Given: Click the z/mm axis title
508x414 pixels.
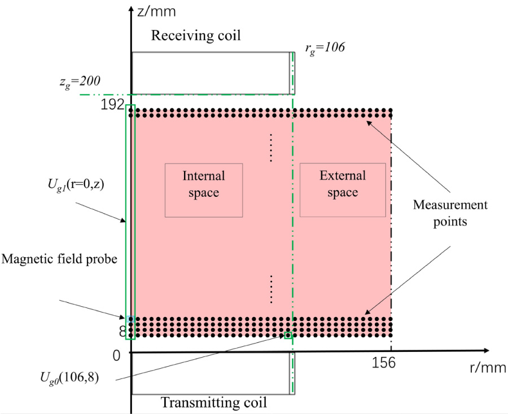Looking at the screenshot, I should pyautogui.click(x=152, y=10).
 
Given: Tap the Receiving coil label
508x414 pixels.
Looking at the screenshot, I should pyautogui.click(x=195, y=36).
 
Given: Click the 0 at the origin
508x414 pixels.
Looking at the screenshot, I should pyautogui.click(x=116, y=356).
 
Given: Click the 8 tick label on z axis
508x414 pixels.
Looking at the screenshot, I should pyautogui.click(x=122, y=332).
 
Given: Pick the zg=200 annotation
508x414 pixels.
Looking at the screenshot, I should pyautogui.click(x=99, y=82).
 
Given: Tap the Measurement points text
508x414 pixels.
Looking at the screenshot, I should pyautogui.click(x=450, y=213).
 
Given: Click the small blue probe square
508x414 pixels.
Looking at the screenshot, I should pyautogui.click(x=130, y=319).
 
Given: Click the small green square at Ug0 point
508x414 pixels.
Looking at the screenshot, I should pyautogui.click(x=288, y=336).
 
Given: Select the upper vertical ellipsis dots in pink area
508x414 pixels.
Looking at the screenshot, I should pyautogui.click(x=271, y=148).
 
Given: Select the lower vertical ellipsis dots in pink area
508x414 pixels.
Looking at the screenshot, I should pyautogui.click(x=271, y=289).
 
